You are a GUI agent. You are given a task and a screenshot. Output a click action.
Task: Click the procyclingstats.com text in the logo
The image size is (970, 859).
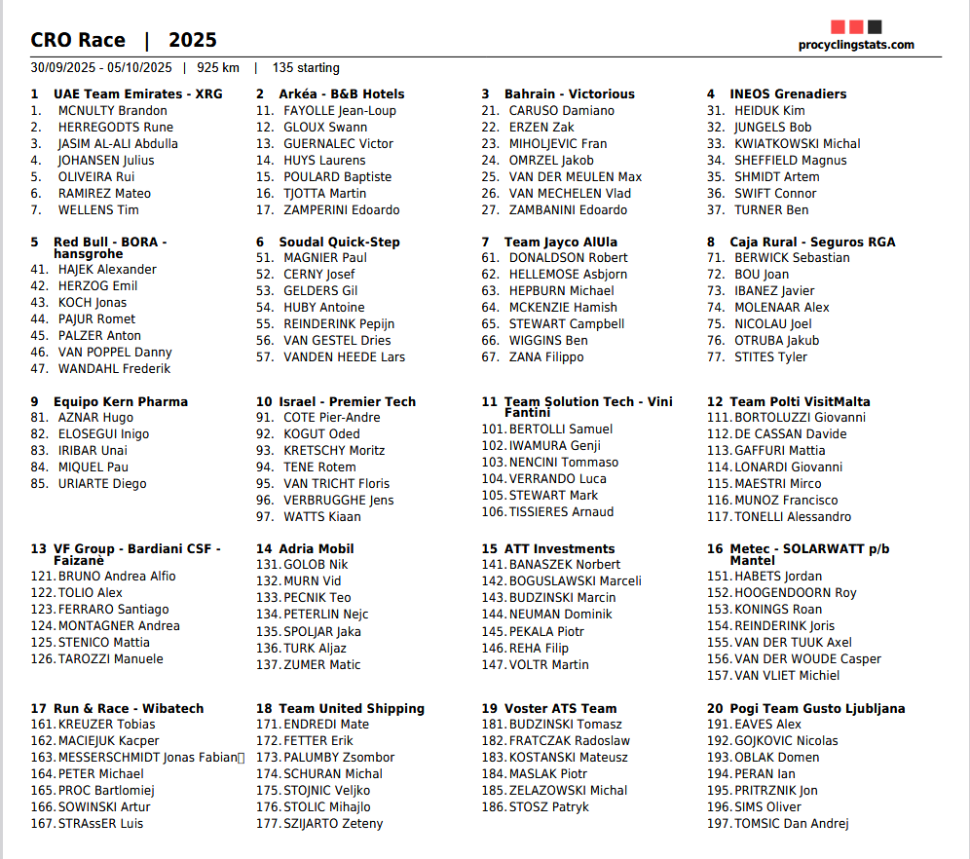click(856, 45)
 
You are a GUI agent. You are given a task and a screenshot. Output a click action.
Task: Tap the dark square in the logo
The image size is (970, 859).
click(875, 27)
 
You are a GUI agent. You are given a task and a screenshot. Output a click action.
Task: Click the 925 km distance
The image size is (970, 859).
click(217, 68)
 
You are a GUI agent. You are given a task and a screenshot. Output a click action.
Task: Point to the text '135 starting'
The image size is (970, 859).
click(306, 68)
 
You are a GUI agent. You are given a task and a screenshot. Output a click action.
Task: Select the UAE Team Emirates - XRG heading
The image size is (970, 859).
click(137, 94)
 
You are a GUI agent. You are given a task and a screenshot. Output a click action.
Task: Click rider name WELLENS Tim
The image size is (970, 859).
click(98, 210)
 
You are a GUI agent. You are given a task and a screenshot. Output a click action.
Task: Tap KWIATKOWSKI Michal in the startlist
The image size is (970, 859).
click(798, 144)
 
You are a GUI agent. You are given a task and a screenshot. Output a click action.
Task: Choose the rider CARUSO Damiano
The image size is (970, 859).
click(562, 111)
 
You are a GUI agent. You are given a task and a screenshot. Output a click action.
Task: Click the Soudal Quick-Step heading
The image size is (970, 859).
click(339, 243)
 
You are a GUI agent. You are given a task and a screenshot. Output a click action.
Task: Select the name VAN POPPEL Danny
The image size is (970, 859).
click(115, 353)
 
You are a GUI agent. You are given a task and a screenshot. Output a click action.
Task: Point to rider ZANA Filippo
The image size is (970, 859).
click(546, 357)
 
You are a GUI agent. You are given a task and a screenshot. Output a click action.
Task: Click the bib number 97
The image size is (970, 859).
click(265, 517)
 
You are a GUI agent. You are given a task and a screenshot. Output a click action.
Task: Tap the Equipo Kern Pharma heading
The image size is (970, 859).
click(121, 402)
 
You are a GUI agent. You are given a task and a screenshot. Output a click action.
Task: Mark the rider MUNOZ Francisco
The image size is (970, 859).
click(786, 501)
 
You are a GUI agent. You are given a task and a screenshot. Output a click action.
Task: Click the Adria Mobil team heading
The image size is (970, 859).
click(317, 549)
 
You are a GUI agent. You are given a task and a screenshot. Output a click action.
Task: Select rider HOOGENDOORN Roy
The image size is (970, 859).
click(796, 593)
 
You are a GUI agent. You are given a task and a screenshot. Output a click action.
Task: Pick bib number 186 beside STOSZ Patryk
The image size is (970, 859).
click(493, 807)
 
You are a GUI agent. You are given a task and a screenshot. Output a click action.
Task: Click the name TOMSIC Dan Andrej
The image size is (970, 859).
click(792, 824)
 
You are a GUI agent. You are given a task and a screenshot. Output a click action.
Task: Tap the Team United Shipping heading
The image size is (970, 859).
click(352, 709)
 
